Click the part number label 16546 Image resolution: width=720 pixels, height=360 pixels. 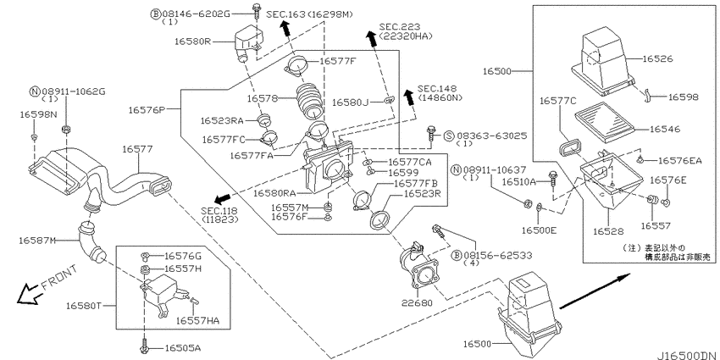click(665, 130)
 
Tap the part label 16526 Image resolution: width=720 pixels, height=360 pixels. click(657, 58)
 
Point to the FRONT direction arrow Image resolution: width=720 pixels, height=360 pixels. click(29, 293)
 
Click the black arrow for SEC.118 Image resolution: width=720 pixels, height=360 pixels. click(223, 198)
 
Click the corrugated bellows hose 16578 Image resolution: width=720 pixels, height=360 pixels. click(309, 101)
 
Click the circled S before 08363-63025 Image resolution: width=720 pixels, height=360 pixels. click(449, 136)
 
